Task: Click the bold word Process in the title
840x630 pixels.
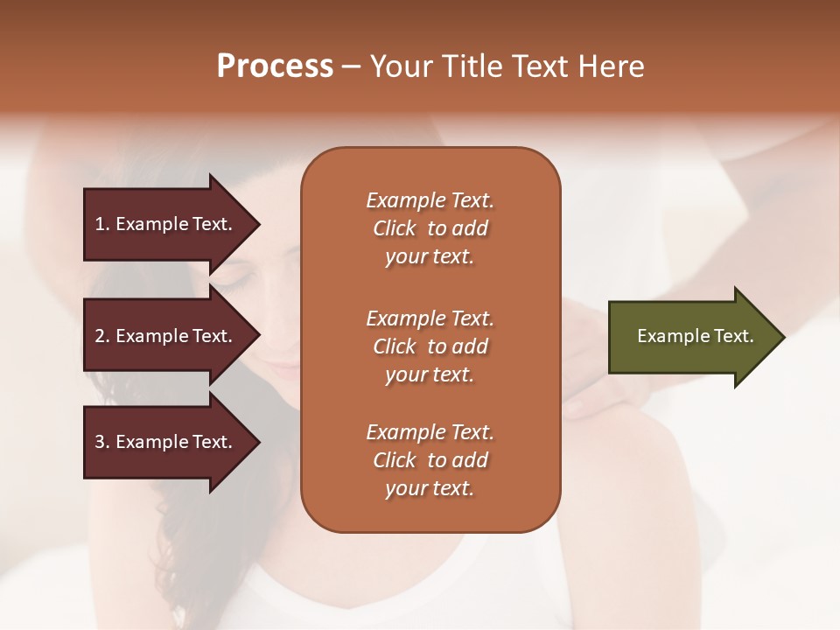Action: pyautogui.click(x=275, y=66)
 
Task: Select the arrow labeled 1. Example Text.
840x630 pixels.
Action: pyautogui.click(x=166, y=224)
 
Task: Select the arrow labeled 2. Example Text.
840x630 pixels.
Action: pyautogui.click(x=166, y=336)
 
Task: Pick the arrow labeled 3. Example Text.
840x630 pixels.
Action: pyautogui.click(x=166, y=442)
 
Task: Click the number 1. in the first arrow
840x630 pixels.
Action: pyautogui.click(x=101, y=224)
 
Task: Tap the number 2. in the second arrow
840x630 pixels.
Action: pyautogui.click(x=101, y=336)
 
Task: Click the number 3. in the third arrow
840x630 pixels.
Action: pyautogui.click(x=101, y=442)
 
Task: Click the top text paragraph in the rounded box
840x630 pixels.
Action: pyautogui.click(x=430, y=228)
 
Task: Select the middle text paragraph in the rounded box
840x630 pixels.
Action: pyautogui.click(x=430, y=346)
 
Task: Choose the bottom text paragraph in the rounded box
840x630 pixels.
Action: pyautogui.click(x=430, y=460)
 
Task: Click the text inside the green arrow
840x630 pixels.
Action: pyautogui.click(x=695, y=336)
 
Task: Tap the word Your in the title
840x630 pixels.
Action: pyautogui.click(x=397, y=66)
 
